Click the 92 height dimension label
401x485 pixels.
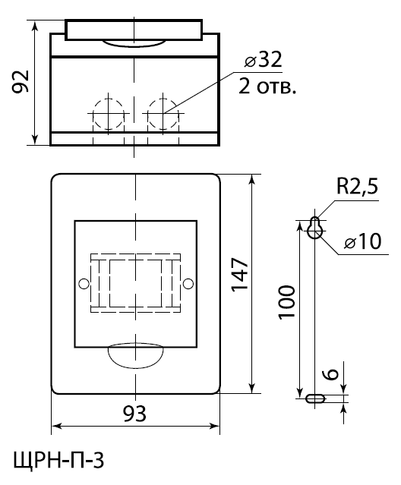point(21,82)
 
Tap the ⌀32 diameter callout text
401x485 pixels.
point(264,59)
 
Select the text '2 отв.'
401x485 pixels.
point(267,87)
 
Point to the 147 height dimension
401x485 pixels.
point(240,275)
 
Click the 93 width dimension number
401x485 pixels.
point(134,414)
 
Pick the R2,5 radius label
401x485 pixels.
point(357,187)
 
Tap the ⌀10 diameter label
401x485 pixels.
point(362,241)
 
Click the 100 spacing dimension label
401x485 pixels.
point(287,302)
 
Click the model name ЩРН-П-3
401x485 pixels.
point(58,460)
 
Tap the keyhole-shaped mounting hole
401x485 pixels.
point(315,228)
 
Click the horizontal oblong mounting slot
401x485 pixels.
point(315,399)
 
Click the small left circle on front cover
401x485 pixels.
point(84,284)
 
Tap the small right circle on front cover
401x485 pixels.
point(188,284)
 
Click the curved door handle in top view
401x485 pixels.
point(134,46)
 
